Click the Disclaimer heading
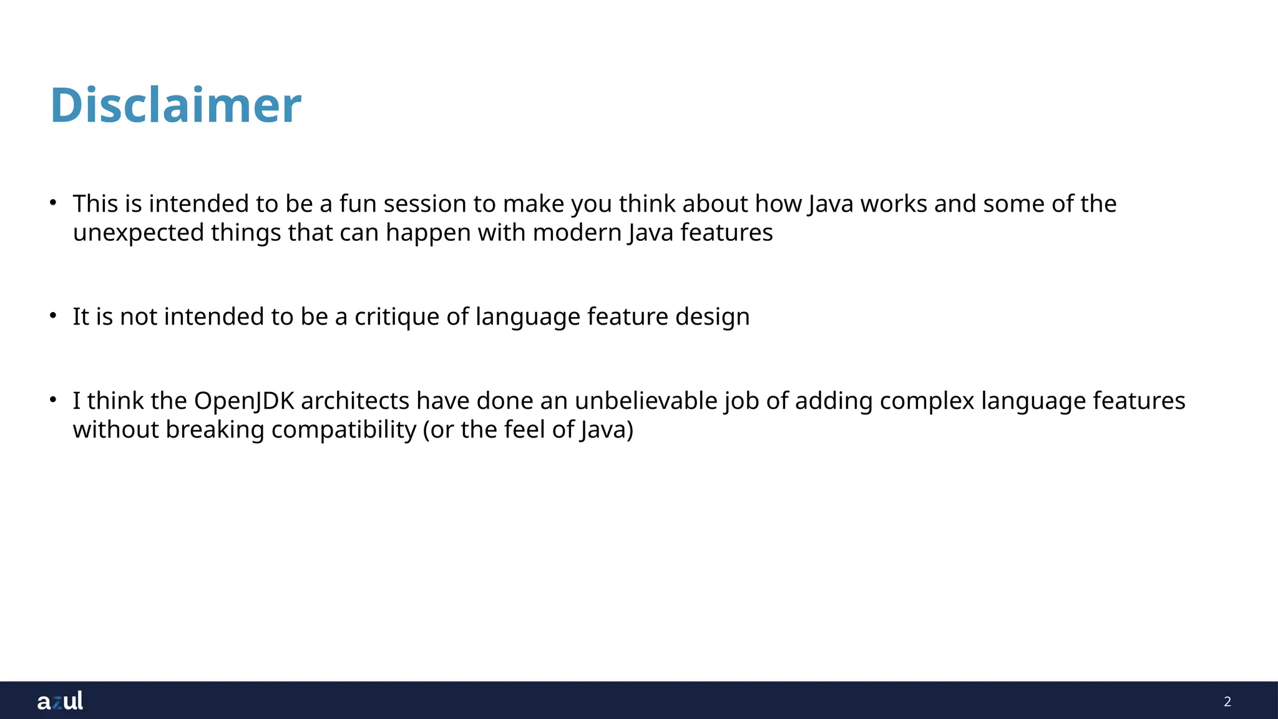click(x=175, y=105)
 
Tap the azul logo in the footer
click(x=60, y=701)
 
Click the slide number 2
click(x=1227, y=702)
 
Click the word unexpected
click(x=138, y=233)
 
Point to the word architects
click(x=354, y=401)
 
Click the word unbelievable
click(x=645, y=401)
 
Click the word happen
click(x=428, y=233)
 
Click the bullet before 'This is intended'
click(x=54, y=203)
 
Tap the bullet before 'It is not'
click(x=54, y=316)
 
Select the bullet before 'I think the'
click(x=54, y=400)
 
